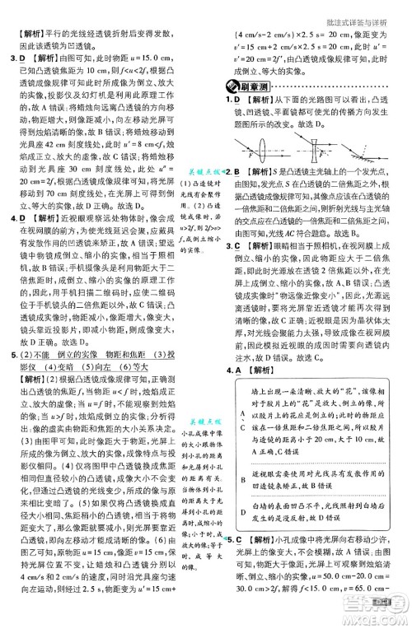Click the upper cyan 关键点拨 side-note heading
pyautogui.click(x=204, y=171)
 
